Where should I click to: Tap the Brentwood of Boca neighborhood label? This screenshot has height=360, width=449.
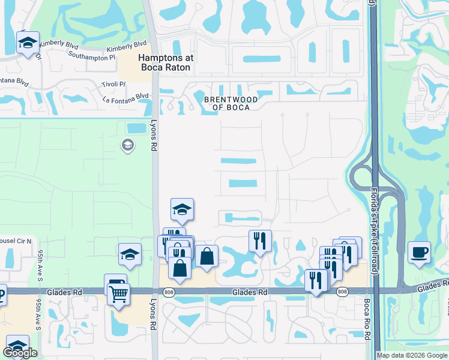(231, 103)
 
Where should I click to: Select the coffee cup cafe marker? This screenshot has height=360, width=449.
(419, 251)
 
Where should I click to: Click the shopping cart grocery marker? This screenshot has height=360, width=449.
(119, 294)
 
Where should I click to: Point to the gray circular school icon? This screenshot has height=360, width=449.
(127, 145)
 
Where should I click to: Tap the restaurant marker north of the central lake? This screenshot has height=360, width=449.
(260, 241)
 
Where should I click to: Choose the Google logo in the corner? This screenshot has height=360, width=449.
(20, 353)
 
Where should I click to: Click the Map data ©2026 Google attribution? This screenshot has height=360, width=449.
(412, 355)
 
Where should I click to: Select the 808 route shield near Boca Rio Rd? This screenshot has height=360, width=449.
(342, 292)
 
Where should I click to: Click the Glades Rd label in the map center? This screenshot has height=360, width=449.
(249, 292)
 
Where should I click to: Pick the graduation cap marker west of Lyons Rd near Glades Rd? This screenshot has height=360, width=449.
(130, 254)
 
